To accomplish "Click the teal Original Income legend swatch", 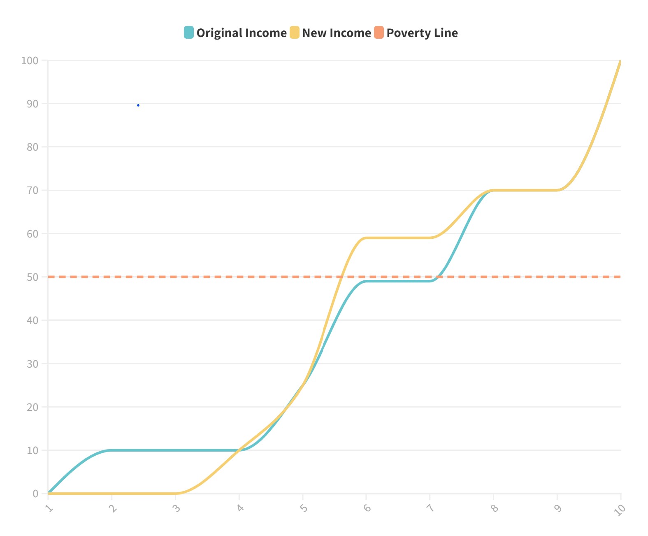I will point(189,33).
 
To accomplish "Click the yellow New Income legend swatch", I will point(295,33).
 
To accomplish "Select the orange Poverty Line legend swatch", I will point(379,33).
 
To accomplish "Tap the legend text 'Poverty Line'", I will point(422,33).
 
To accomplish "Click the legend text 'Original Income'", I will point(242,33).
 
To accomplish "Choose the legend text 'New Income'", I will point(337,33).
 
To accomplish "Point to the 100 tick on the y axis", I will point(30,61).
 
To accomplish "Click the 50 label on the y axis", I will point(33,277).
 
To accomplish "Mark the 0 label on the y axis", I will point(35,494).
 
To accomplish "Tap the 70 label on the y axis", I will point(33,191).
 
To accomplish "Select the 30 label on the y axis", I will point(33,364).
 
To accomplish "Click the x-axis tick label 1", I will point(49,509).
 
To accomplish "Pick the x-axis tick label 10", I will point(619,510).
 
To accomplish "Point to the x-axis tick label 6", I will point(367,508).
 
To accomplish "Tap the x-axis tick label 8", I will point(495,508).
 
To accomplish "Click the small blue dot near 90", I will point(138,105).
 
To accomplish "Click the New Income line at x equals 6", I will point(366,238).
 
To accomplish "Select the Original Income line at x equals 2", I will point(112,450).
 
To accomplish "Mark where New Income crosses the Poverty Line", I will point(341,277).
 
